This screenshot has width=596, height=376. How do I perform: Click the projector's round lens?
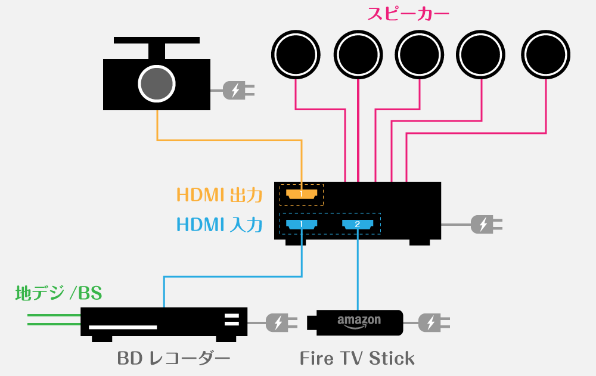157,83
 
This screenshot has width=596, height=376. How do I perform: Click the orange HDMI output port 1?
302,194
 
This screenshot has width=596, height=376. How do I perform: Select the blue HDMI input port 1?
302,224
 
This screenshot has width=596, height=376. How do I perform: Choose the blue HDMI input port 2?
358,224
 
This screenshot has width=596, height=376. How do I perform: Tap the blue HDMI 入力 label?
219,225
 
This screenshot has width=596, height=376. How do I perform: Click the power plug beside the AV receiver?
486,225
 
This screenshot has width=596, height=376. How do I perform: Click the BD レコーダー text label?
173,359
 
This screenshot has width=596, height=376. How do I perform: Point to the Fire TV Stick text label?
357,359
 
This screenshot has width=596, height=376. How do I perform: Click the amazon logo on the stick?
359,321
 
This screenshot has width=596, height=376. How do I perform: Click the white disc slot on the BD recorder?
123,327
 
